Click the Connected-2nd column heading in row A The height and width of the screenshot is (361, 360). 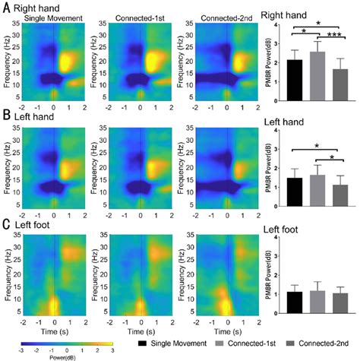click(226, 16)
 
